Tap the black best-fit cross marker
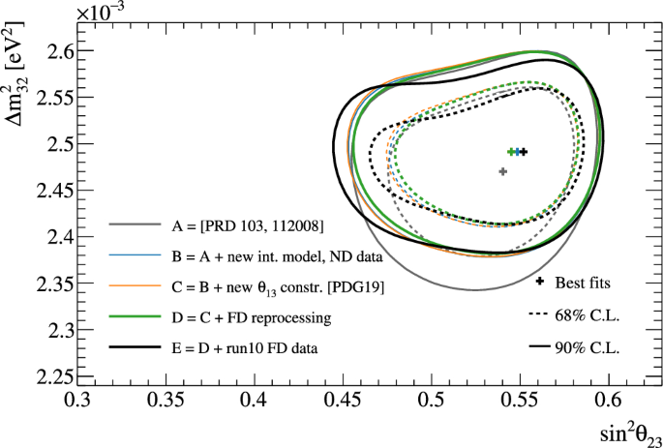point(524,152)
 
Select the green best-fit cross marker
point(511,152)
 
